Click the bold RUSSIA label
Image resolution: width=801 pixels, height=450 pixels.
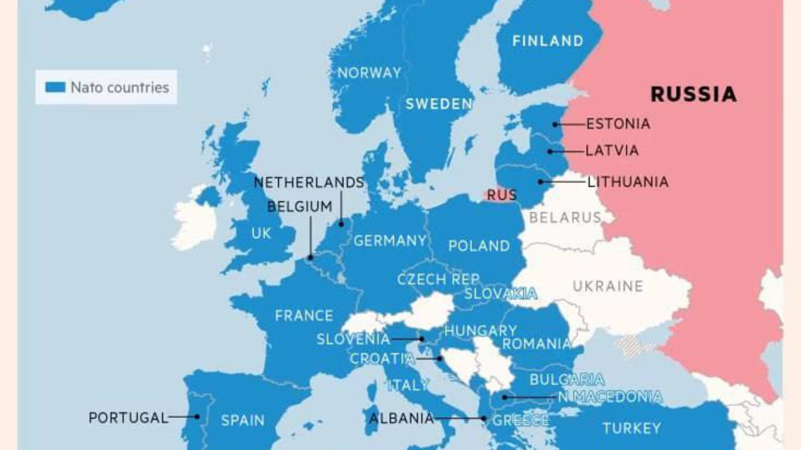[693, 94]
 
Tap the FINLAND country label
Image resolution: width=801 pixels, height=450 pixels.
[548, 41]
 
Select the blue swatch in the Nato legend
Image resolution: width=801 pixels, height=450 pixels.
[55, 87]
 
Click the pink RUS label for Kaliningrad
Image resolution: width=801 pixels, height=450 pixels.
[502, 195]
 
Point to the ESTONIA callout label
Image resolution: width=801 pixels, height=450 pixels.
[618, 124]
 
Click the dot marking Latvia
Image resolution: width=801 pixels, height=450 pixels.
[550, 152]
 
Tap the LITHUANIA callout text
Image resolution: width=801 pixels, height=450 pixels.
[628, 182]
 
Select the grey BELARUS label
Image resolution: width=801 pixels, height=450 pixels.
[565, 218]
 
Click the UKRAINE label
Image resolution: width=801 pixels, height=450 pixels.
[608, 286]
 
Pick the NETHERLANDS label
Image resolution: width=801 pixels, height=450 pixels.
[309, 182]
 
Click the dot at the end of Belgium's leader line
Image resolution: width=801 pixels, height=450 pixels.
[310, 258]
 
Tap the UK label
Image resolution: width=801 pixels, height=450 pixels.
[261, 233]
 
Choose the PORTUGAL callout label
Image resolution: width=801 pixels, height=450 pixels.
[128, 418]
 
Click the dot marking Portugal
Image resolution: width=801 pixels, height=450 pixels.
[197, 417]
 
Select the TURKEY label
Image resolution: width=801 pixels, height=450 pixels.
[632, 428]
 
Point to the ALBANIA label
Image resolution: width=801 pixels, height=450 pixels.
[401, 419]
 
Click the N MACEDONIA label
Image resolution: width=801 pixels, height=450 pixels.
[610, 397]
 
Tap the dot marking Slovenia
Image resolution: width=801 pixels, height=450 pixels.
[422, 339]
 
